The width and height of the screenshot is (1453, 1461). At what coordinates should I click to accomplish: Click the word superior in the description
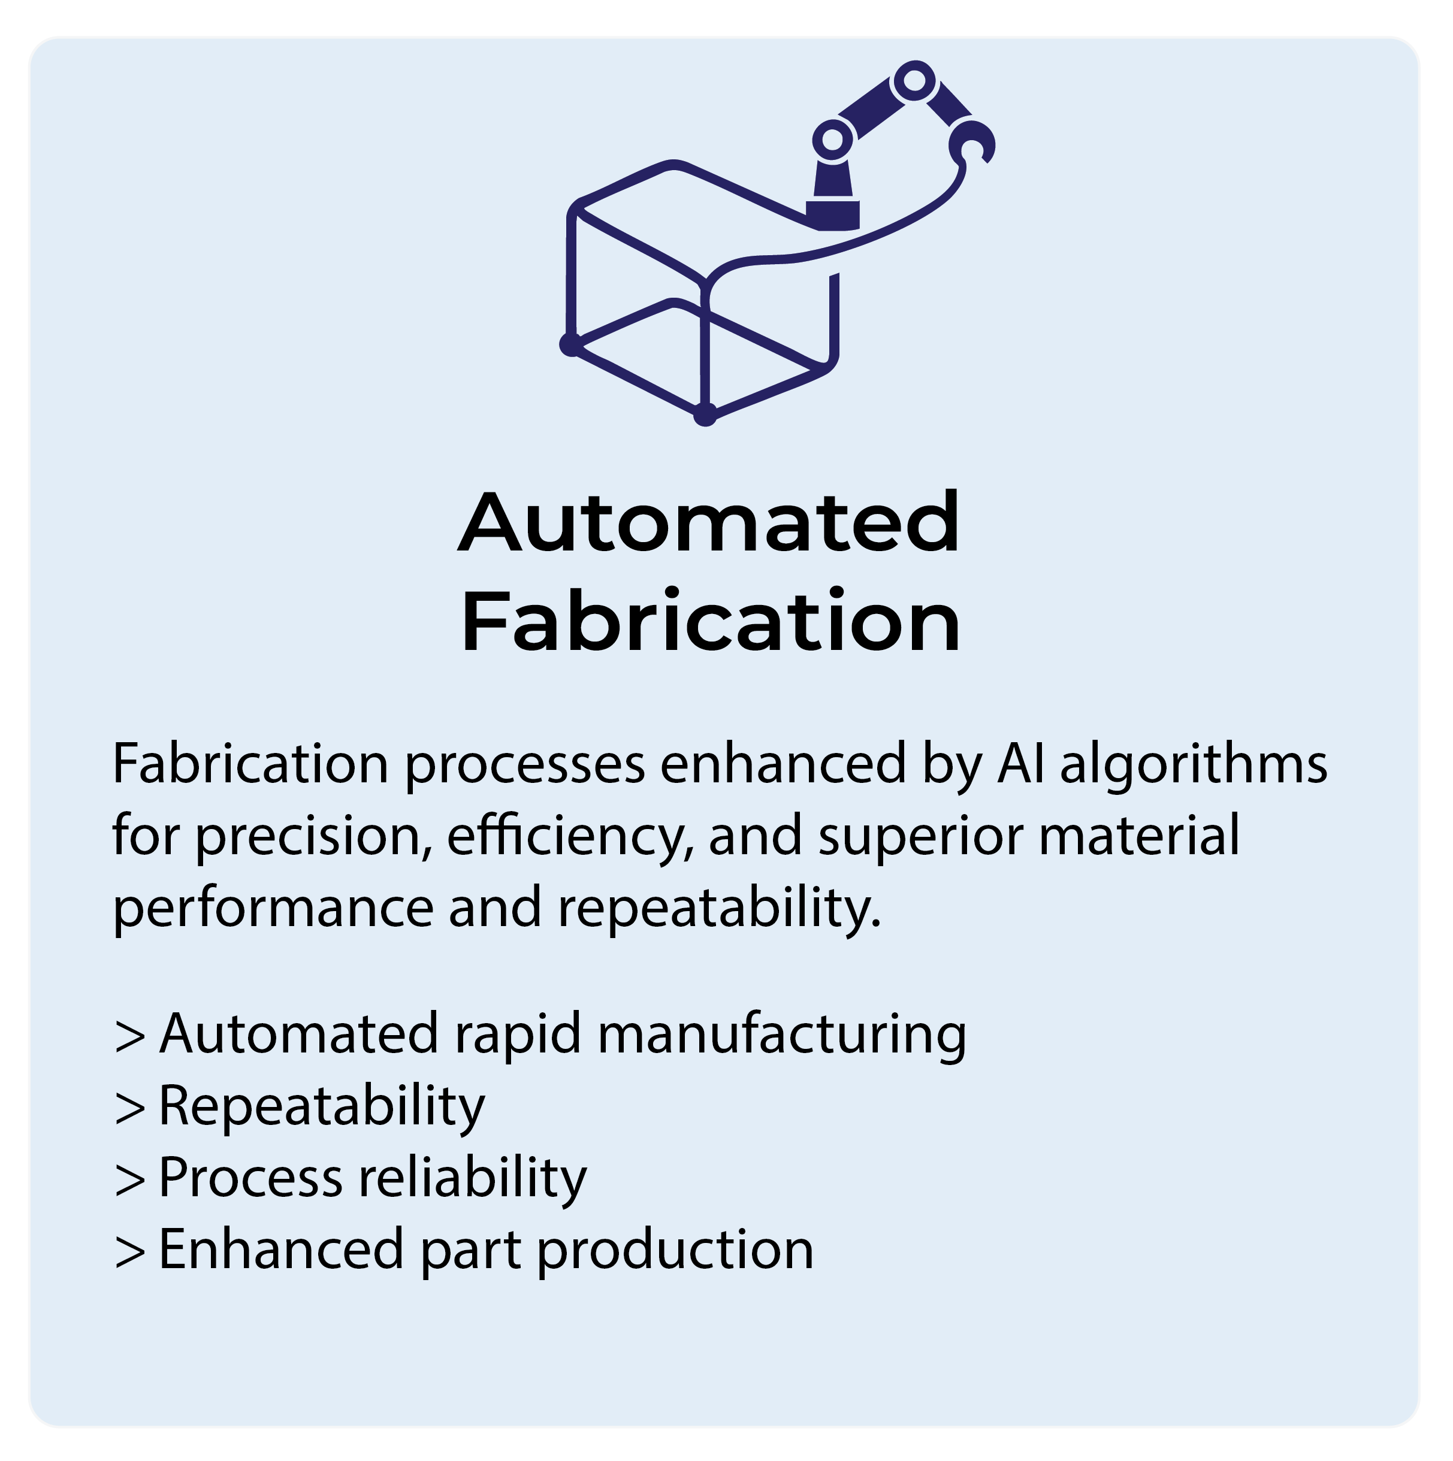point(919,838)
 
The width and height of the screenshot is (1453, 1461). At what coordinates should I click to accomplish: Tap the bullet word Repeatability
point(322,1106)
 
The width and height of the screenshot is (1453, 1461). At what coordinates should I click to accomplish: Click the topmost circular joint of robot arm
point(914,80)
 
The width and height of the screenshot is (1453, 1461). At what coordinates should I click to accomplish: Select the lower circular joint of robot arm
point(832,140)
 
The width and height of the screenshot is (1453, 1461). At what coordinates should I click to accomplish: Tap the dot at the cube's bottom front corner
point(704,415)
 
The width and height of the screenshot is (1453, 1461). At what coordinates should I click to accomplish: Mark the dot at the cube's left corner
point(570,344)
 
